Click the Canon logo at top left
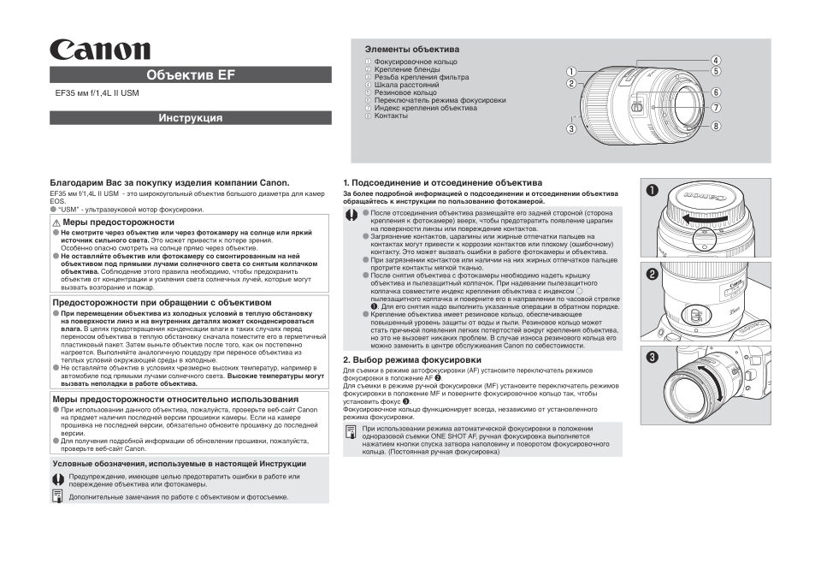(100, 50)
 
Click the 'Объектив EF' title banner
(190, 74)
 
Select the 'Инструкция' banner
(190, 118)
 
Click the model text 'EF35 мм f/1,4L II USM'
(97, 94)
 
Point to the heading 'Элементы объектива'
(412, 50)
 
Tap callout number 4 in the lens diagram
(716, 61)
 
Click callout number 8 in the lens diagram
(716, 125)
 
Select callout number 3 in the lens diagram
(570, 129)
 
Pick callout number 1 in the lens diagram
(570, 72)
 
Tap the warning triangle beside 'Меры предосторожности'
(56, 222)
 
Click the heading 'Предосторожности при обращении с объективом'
(162, 302)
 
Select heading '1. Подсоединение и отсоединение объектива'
(442, 183)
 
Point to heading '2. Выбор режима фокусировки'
(411, 360)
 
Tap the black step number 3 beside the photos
(653, 358)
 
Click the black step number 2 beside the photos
(653, 275)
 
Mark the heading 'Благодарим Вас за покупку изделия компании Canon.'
(169, 182)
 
